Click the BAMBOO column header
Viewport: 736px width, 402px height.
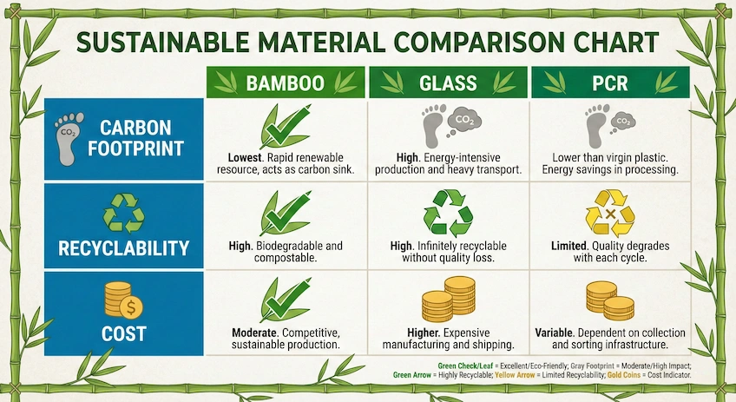click(285, 82)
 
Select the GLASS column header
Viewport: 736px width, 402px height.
click(447, 82)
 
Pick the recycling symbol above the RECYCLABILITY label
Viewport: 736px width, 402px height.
click(122, 214)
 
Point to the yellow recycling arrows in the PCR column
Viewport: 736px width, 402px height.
click(610, 213)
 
